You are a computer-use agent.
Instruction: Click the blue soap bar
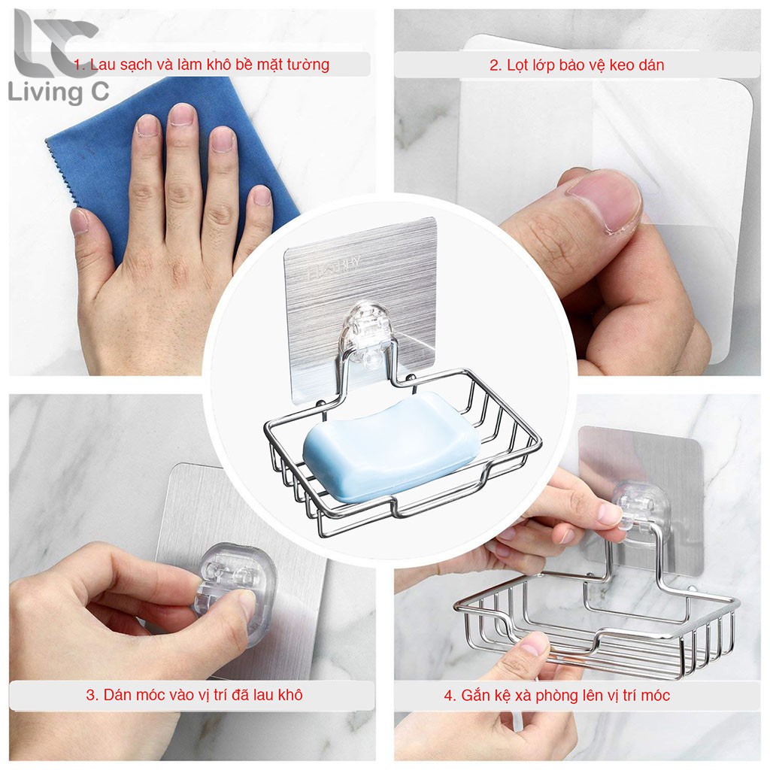[x=391, y=447]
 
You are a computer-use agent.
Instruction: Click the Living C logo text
[x=59, y=92]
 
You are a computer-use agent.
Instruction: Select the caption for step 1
[x=202, y=65]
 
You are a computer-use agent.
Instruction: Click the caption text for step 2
[x=577, y=65]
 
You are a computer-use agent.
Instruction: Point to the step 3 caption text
[x=194, y=695]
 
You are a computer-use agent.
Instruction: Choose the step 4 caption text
[x=557, y=696]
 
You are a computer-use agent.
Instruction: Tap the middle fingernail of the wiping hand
[x=181, y=114]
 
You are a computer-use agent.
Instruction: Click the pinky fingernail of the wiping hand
[x=262, y=196]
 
